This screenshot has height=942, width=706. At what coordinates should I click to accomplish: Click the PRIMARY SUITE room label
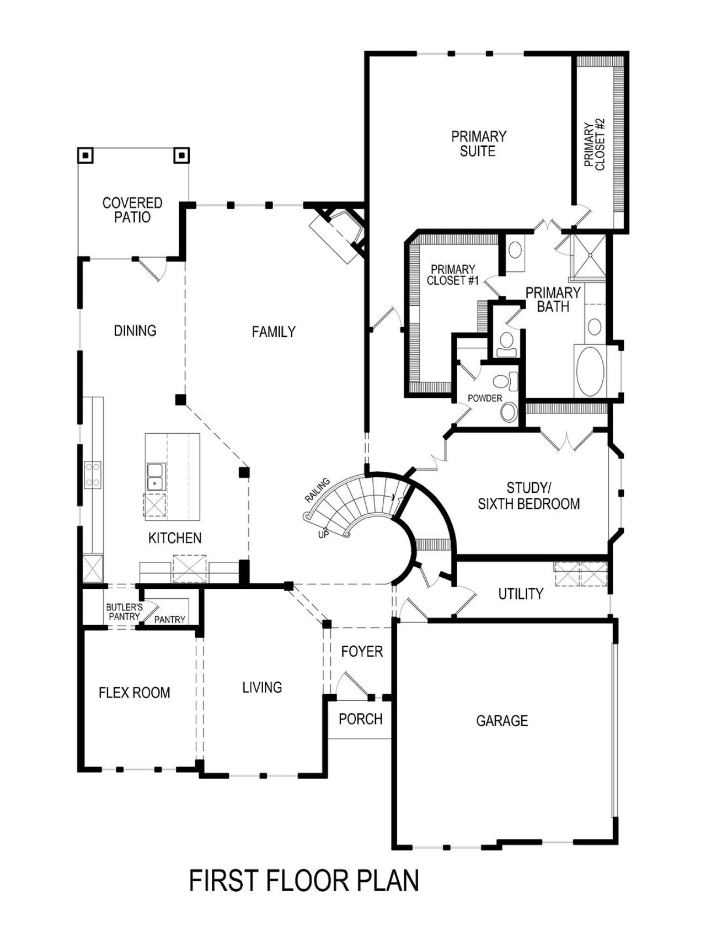click(x=478, y=143)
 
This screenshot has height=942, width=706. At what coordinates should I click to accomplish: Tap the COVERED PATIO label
click(x=132, y=210)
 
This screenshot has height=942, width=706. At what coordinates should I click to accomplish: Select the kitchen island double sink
click(x=155, y=477)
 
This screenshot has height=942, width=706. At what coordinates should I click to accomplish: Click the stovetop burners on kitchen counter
click(x=92, y=475)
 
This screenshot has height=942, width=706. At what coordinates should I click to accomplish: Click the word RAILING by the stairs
click(x=317, y=490)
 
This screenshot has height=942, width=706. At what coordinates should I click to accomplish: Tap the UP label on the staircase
click(x=323, y=534)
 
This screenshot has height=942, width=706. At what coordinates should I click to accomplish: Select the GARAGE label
click(x=502, y=721)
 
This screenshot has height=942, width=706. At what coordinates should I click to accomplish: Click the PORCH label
click(x=360, y=719)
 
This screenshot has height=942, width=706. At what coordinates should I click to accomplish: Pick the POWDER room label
click(x=485, y=398)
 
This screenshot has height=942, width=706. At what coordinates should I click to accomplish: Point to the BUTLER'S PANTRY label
click(x=124, y=611)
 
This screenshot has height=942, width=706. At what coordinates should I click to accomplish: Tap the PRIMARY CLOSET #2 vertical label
click(x=595, y=144)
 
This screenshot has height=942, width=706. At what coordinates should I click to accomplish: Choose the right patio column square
click(x=181, y=156)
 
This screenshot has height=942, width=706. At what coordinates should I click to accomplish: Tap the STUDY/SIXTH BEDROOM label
click(x=528, y=496)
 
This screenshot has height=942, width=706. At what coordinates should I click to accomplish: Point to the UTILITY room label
click(x=521, y=594)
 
